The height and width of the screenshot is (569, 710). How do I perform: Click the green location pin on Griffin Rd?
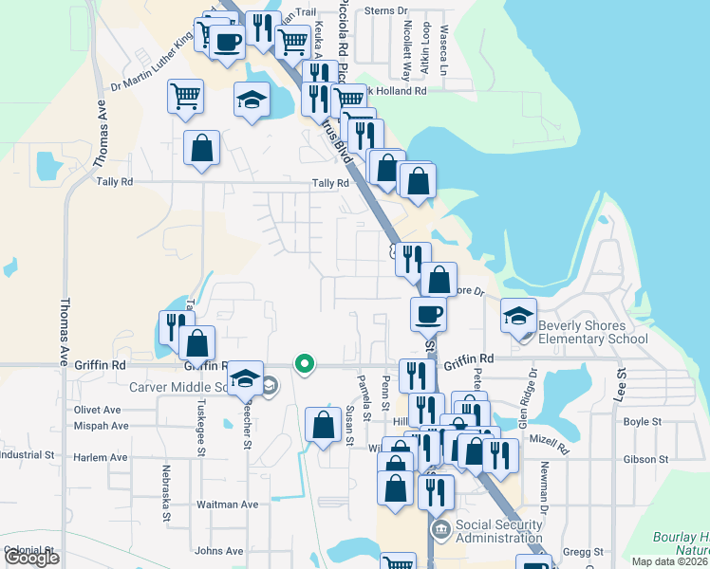coord(305,363)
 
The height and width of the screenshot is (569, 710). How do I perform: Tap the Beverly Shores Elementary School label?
coord(593,332)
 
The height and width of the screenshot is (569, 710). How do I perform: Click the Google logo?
coord(31,558)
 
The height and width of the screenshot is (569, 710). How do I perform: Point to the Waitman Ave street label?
coord(227,505)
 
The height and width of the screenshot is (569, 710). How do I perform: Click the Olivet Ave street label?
coord(100,410)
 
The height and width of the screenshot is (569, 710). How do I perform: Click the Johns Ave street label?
coord(219,551)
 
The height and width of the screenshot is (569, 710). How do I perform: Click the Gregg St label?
coord(583,551)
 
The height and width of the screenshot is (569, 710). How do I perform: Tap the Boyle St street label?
coord(642,422)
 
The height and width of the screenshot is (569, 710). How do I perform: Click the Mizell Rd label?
coord(548,442)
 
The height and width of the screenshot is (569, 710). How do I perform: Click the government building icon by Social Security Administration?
coord(439,527)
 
